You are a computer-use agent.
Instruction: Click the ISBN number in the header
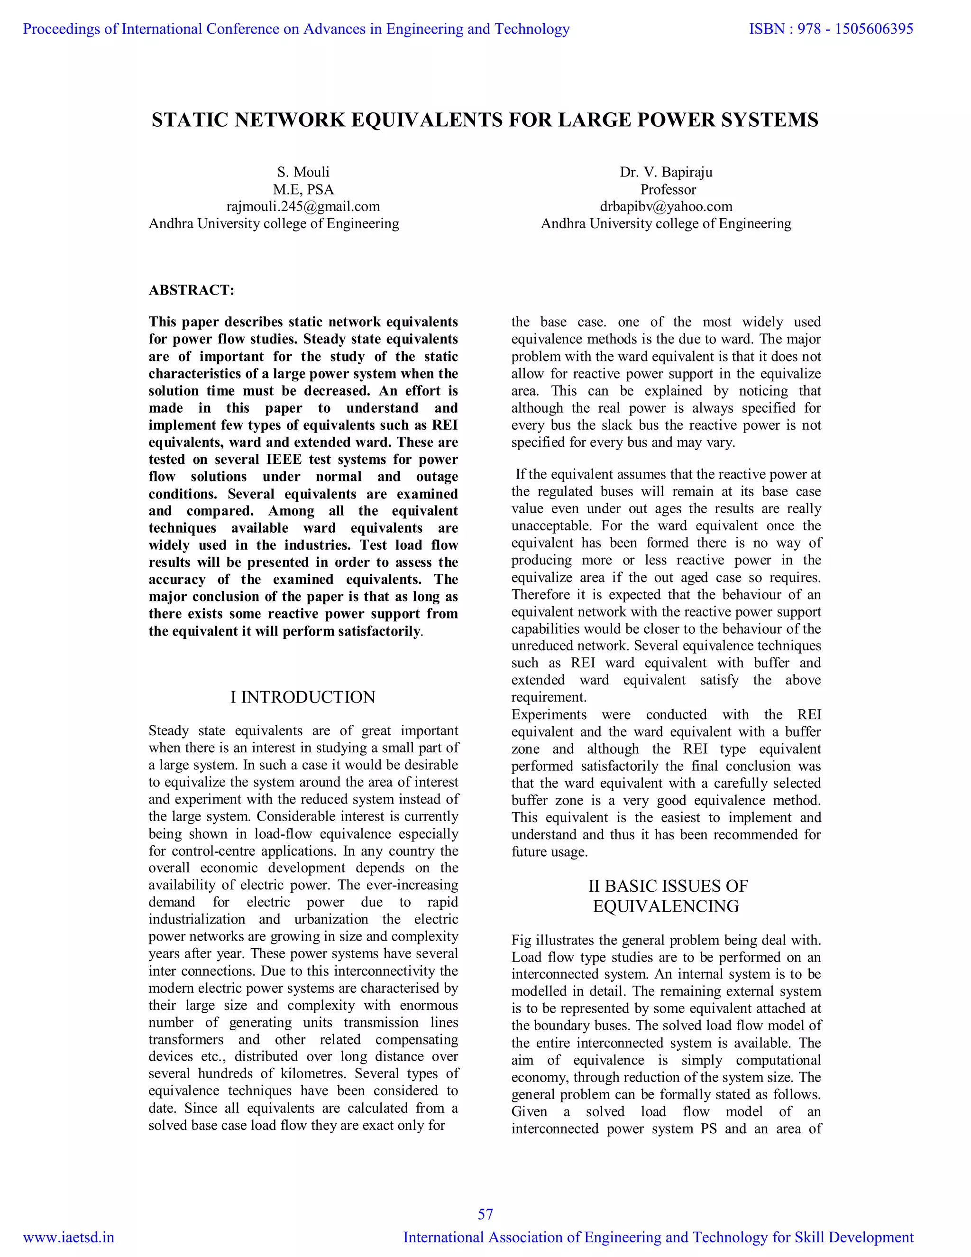click(831, 29)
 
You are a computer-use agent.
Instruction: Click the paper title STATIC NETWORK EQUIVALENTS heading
click(485, 120)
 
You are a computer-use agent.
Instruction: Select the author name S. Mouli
click(303, 172)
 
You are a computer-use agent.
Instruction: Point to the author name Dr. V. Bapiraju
click(666, 172)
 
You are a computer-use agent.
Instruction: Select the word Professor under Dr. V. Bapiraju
click(668, 189)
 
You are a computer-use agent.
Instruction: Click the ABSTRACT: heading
click(192, 290)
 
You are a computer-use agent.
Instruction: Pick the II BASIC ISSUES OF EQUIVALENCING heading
click(667, 896)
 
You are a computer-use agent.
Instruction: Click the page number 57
click(485, 1214)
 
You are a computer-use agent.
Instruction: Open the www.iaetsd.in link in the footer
click(68, 1238)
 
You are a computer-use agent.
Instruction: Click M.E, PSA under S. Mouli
click(303, 189)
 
